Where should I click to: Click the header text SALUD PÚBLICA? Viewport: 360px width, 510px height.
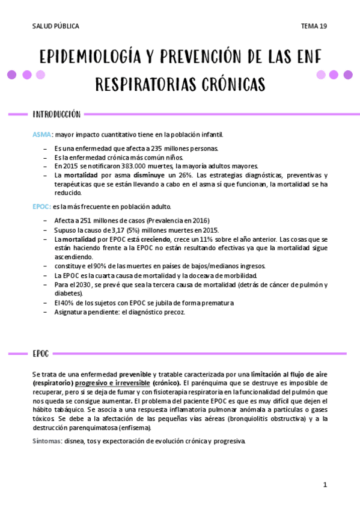pos(55,26)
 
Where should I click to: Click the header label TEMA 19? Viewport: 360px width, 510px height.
pos(314,26)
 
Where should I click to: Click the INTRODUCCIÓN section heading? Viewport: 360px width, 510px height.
pos(56,114)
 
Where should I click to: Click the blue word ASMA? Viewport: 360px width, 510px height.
pos(42,135)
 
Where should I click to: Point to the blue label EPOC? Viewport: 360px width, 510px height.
pos(41,206)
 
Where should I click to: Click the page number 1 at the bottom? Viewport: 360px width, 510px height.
pos(325,485)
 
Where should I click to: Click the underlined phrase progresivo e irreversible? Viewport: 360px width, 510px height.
pos(112,383)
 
